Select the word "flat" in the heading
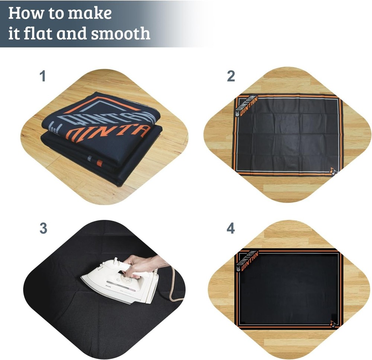42,33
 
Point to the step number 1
43,77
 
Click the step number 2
231,77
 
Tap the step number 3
43,228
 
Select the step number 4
231,228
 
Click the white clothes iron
119,282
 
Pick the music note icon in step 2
332,171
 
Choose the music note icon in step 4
332,324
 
